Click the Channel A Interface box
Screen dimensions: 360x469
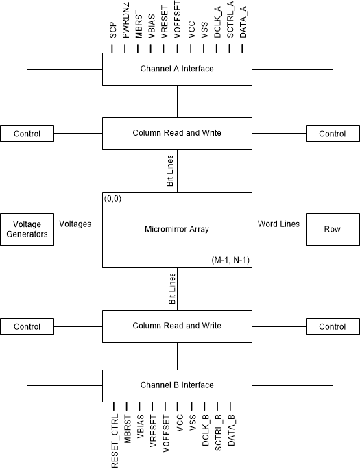pyautogui.click(x=177, y=69)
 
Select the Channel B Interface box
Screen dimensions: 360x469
pyautogui.click(x=177, y=386)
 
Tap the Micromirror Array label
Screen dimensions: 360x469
pyautogui.click(x=177, y=230)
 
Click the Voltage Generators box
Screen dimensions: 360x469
pyautogui.click(x=27, y=230)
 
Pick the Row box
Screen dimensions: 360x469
pyautogui.click(x=333, y=230)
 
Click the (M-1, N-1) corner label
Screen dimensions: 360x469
pyautogui.click(x=230, y=261)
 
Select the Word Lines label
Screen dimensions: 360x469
pyautogui.click(x=278, y=224)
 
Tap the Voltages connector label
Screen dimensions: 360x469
pyautogui.click(x=75, y=224)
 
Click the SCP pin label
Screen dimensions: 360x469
pyautogui.click(x=112, y=30)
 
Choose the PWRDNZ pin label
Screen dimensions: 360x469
pyautogui.click(x=125, y=21)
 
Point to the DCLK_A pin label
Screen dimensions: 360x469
pyautogui.click(x=217, y=22)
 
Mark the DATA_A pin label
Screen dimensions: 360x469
pyautogui.click(x=243, y=22)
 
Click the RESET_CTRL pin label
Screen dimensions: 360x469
pyautogui.click(x=115, y=441)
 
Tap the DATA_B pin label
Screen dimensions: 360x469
pyautogui.click(x=231, y=430)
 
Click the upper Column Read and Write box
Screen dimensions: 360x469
pyautogui.click(x=177, y=134)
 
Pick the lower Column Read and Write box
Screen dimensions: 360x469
pyautogui.click(x=177, y=326)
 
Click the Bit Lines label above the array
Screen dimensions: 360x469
pyautogui.click(x=170, y=171)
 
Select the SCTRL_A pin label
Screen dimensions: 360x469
pyautogui.click(x=230, y=19)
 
